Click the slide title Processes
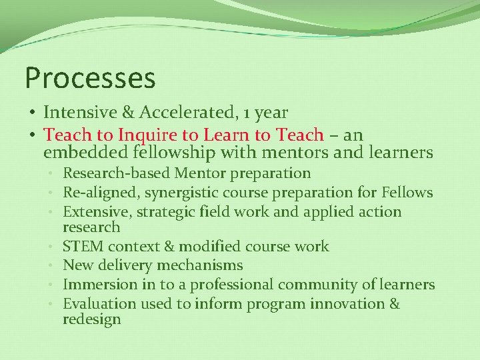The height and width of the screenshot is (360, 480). pos(90,78)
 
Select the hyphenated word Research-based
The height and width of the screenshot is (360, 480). pos(117,173)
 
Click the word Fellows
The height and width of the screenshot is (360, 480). pos(407,193)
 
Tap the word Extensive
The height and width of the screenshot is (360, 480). pos(93,212)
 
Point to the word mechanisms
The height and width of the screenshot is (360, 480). pos(200,265)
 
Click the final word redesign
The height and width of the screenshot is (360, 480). pos(92,319)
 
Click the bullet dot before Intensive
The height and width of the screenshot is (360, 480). pos(31,113)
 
